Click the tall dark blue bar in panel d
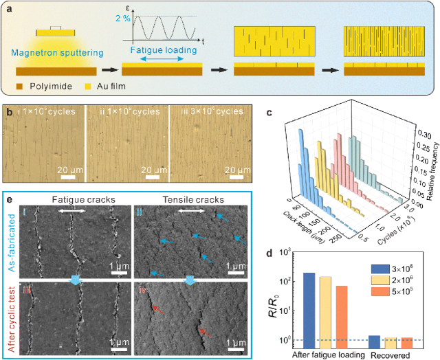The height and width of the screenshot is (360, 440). [x=309, y=308]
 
